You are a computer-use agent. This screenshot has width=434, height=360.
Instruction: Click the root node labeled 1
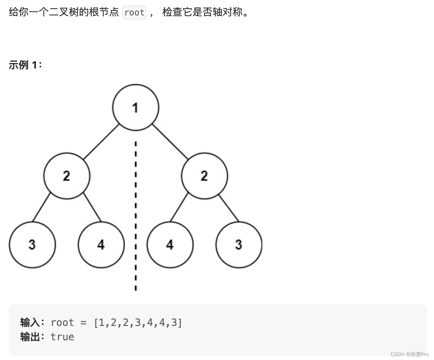(x=136, y=107)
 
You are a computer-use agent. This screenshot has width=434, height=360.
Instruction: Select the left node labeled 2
(x=67, y=176)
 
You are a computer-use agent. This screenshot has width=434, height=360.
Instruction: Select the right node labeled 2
(x=204, y=176)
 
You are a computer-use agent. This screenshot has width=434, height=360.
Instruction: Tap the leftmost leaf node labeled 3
(x=32, y=245)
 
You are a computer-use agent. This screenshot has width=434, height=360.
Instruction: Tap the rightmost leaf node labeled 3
(x=239, y=245)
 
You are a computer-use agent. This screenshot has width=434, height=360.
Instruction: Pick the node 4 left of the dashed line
(x=101, y=245)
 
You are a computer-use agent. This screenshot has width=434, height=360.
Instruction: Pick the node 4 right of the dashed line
(x=170, y=245)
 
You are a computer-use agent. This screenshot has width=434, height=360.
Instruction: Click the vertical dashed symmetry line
(x=136, y=215)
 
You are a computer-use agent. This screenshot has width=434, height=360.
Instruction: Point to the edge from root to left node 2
(x=101, y=142)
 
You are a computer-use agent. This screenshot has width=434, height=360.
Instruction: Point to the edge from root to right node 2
(x=170, y=142)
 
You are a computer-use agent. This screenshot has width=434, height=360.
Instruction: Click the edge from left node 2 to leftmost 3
(x=41, y=207)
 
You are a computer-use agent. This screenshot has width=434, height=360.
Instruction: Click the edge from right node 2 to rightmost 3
(x=229, y=207)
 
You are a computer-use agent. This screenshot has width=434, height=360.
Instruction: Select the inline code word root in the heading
(x=135, y=13)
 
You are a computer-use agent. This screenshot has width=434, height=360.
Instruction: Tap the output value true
(x=62, y=337)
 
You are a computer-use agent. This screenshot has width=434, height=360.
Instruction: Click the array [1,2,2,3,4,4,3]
(x=138, y=323)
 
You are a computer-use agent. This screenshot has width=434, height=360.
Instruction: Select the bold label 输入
(x=30, y=323)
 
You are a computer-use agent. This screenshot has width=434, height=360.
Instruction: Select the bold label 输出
(x=30, y=337)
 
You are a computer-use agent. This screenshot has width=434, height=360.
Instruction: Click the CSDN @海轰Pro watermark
(x=409, y=354)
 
